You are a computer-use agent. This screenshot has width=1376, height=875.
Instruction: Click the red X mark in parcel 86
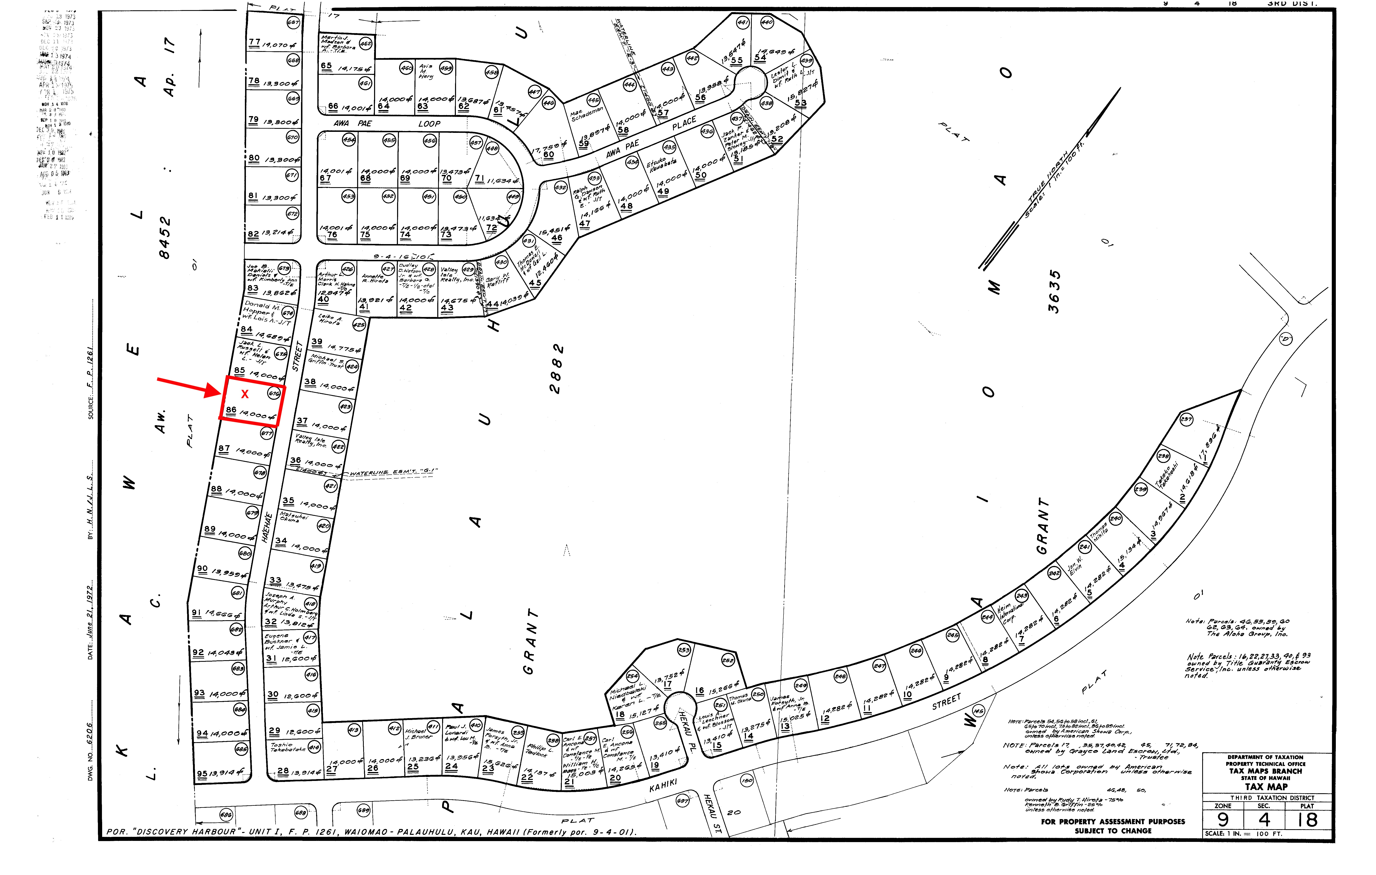(244, 394)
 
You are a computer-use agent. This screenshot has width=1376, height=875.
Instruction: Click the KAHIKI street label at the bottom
(663, 786)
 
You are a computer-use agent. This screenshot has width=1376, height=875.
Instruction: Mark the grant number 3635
(1054, 292)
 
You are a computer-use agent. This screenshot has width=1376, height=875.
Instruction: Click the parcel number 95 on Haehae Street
(202, 774)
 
